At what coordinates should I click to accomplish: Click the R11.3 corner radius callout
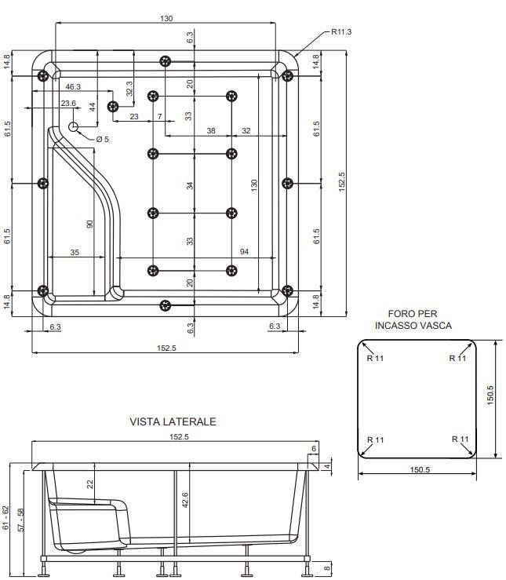point(341,32)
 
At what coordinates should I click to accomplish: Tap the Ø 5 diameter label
point(103,140)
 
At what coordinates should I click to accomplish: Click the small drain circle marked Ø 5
point(73,126)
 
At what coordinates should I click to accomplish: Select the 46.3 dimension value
point(73,86)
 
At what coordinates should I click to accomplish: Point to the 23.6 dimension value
point(68,103)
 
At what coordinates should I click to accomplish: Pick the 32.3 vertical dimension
point(129,89)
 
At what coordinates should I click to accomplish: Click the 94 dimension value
point(244,251)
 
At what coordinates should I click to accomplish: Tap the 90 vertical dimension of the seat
point(89,224)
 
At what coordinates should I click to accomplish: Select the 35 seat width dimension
point(75,252)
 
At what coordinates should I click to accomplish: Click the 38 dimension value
point(211,130)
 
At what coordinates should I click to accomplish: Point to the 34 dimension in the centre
point(190,185)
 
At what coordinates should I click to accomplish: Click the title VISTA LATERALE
point(173,421)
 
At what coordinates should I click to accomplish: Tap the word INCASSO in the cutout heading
point(395,326)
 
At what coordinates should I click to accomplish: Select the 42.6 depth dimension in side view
point(185,500)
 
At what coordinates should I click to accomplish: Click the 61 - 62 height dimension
point(6,518)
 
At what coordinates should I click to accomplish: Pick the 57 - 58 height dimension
point(21,520)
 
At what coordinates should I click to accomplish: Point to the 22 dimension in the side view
point(89,483)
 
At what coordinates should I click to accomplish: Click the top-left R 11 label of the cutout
point(375,358)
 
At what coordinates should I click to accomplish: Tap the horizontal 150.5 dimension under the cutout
point(420,470)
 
